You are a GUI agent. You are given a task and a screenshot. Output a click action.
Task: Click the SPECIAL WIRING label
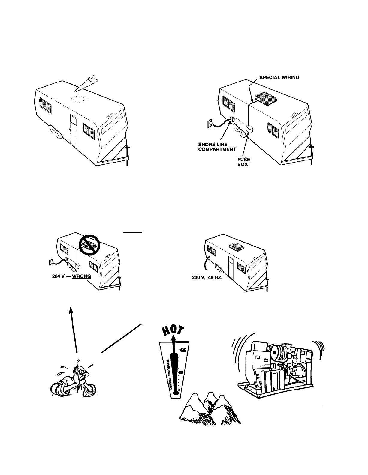click(x=279, y=77)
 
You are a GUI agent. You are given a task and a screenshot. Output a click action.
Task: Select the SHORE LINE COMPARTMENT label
click(x=217, y=147)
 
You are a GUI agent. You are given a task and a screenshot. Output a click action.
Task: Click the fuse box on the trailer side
click(x=249, y=130)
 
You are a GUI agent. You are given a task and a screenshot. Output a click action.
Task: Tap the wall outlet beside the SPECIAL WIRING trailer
click(x=210, y=123)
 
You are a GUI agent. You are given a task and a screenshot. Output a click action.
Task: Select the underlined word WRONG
click(x=82, y=276)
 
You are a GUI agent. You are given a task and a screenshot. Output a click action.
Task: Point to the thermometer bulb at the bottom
click(x=178, y=390)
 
